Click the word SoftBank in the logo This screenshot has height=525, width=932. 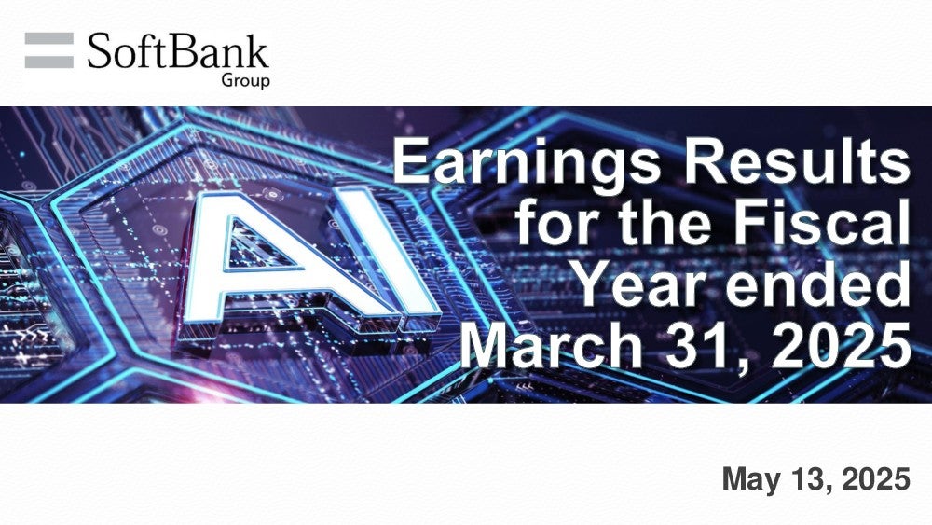point(178,51)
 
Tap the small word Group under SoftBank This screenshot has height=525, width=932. point(245,80)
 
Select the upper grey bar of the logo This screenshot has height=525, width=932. point(49,38)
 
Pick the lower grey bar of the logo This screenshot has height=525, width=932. point(49,62)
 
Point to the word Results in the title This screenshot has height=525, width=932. point(797,161)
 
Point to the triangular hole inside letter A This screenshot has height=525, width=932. point(257,247)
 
